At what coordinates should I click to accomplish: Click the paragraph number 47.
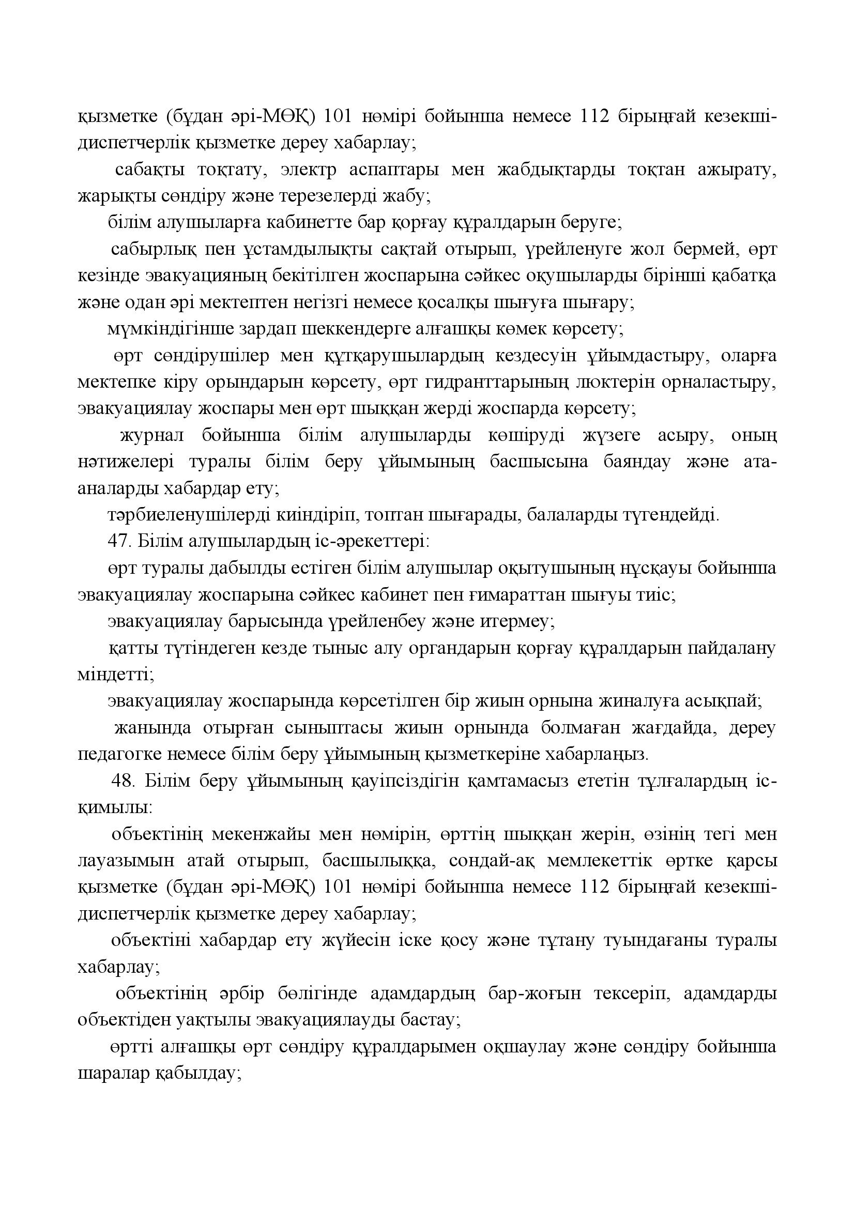118,541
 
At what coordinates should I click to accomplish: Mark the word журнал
153,436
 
